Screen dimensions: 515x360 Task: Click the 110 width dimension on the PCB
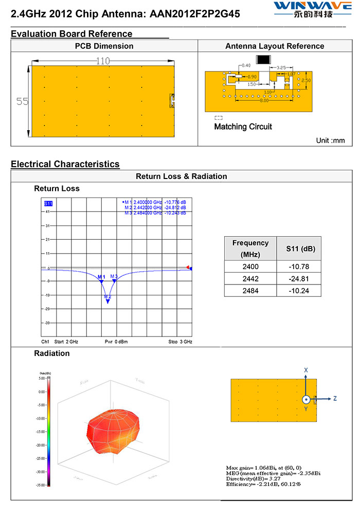point(103,61)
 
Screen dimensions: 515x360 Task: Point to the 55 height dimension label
point(22,101)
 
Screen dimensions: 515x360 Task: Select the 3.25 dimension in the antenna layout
point(281,67)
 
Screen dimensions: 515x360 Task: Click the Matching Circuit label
point(243,127)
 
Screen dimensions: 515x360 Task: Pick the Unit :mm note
point(330,140)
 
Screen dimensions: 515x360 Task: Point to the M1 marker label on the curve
point(101,277)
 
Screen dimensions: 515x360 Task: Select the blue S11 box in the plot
point(48,204)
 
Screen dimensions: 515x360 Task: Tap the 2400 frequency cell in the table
point(250,267)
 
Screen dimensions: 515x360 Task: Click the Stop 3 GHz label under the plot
point(180,342)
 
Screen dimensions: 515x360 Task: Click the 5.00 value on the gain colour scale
point(42,378)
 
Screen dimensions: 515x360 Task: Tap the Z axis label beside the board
point(335,398)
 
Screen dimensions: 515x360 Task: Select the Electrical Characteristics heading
point(65,164)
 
